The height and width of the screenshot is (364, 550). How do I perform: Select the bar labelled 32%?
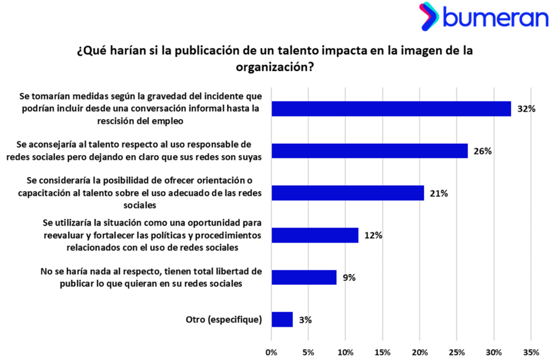point(391,108)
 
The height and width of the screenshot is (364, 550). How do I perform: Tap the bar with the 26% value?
point(370,151)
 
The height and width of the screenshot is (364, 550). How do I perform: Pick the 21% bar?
point(348,193)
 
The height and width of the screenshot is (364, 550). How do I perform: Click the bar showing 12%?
point(315,235)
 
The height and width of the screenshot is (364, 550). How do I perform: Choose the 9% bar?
point(304,277)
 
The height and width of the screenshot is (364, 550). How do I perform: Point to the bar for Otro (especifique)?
point(282,319)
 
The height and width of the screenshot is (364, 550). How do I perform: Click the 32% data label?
point(526,109)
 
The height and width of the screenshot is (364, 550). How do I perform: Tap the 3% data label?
point(305,320)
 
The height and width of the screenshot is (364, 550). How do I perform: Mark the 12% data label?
point(373,235)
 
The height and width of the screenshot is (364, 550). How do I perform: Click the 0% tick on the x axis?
point(271,352)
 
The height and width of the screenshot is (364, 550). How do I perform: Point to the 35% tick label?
point(531,352)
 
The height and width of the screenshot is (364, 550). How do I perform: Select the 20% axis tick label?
point(419,352)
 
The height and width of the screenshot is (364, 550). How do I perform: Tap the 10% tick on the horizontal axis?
point(345,352)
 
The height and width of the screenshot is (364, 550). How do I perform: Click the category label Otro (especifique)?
point(220,320)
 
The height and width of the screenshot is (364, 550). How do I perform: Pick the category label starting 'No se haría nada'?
point(151,277)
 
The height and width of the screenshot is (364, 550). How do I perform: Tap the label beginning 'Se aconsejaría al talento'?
point(134,151)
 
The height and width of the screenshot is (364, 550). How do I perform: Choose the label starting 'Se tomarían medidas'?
point(140,108)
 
